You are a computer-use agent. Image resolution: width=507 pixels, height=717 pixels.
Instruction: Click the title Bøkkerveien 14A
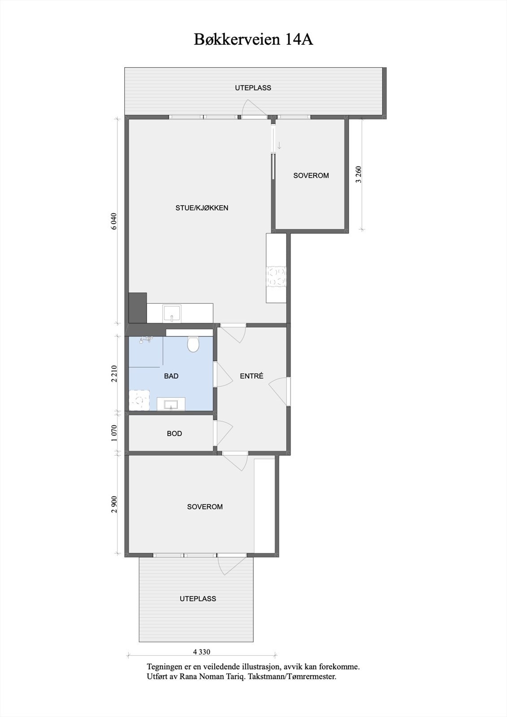point(253,39)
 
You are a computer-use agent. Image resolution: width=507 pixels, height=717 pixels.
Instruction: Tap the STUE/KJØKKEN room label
point(202,208)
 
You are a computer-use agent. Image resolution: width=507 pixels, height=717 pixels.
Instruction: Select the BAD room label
point(171,376)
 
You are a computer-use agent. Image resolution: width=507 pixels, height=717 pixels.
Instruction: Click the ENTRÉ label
point(251,376)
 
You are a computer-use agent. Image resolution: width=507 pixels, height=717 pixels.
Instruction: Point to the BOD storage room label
point(174,433)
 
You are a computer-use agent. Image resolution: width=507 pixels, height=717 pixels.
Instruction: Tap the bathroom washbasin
point(171,405)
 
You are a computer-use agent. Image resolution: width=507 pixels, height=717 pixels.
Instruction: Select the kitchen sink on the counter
point(172,313)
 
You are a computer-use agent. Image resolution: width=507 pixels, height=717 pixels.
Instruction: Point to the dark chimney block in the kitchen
point(138,307)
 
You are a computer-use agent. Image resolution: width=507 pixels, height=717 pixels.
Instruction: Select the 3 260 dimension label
point(358,175)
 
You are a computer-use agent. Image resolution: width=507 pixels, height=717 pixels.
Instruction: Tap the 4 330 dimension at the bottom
point(202,652)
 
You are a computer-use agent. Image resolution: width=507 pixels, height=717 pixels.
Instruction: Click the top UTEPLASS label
point(253,88)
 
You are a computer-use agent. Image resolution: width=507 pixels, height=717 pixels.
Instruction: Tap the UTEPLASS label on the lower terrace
point(198,599)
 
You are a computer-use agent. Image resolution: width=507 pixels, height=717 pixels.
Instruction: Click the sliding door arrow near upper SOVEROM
point(279,145)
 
